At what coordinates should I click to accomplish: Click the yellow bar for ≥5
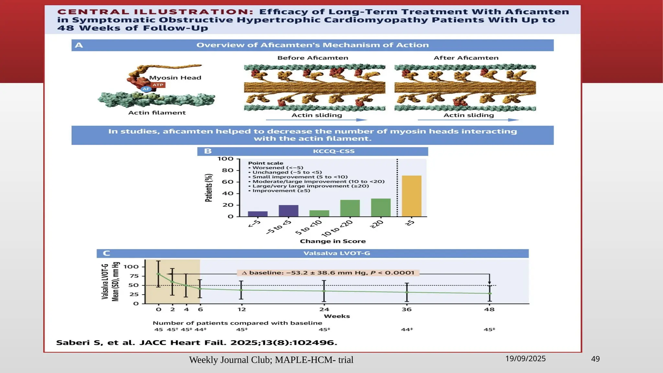click(411, 196)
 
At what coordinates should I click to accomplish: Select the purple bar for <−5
click(258, 214)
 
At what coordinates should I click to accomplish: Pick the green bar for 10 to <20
click(350, 208)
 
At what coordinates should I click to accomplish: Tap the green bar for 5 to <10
click(319, 213)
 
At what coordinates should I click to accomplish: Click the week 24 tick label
click(324, 310)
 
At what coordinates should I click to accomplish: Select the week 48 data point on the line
click(490, 293)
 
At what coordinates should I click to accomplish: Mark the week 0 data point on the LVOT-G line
click(158, 274)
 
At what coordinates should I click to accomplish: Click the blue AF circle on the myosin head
click(146, 89)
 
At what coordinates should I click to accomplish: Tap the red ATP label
click(158, 85)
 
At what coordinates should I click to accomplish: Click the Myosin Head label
click(175, 78)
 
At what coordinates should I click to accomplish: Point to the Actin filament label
click(157, 113)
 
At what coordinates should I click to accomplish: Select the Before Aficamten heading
click(313, 58)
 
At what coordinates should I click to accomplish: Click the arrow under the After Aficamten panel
click(468, 120)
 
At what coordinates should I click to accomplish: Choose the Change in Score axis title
click(333, 241)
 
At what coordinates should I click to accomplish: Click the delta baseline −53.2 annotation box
click(328, 273)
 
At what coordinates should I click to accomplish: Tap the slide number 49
click(595, 359)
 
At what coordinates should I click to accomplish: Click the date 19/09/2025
click(525, 359)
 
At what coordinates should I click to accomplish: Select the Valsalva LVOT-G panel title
click(337, 253)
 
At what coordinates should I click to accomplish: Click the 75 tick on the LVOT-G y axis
click(134, 276)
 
